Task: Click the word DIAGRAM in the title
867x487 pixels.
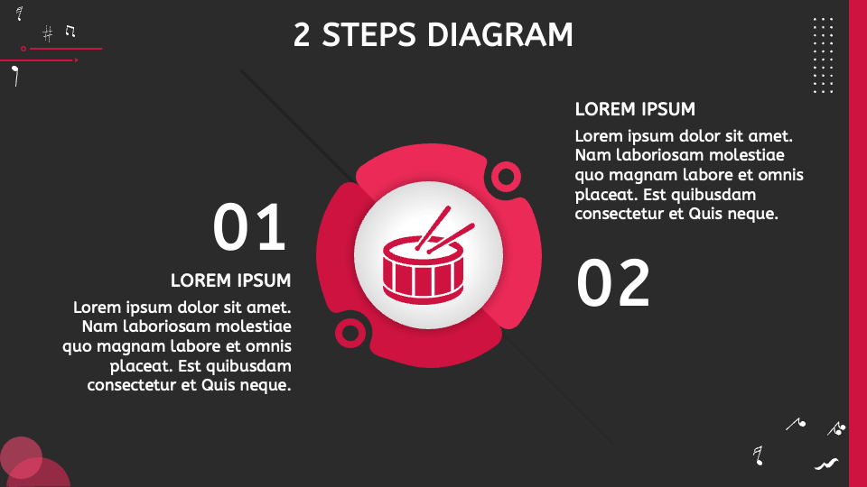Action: (499, 35)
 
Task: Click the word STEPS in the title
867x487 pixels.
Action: (368, 35)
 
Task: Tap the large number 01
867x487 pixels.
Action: (249, 227)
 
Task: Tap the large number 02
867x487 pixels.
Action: (612, 283)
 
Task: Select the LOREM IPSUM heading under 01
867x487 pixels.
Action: (230, 280)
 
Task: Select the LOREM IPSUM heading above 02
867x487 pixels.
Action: (635, 109)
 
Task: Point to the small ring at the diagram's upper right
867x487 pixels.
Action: (506, 177)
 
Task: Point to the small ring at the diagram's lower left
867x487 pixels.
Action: (350, 333)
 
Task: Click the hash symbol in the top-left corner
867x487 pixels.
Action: (48, 34)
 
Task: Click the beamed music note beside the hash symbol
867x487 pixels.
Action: (70, 31)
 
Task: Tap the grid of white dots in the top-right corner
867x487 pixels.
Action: (823, 55)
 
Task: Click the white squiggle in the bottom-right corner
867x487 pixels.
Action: (826, 464)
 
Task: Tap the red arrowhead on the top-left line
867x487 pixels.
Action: (77, 60)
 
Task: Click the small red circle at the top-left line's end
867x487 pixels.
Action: (23, 49)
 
